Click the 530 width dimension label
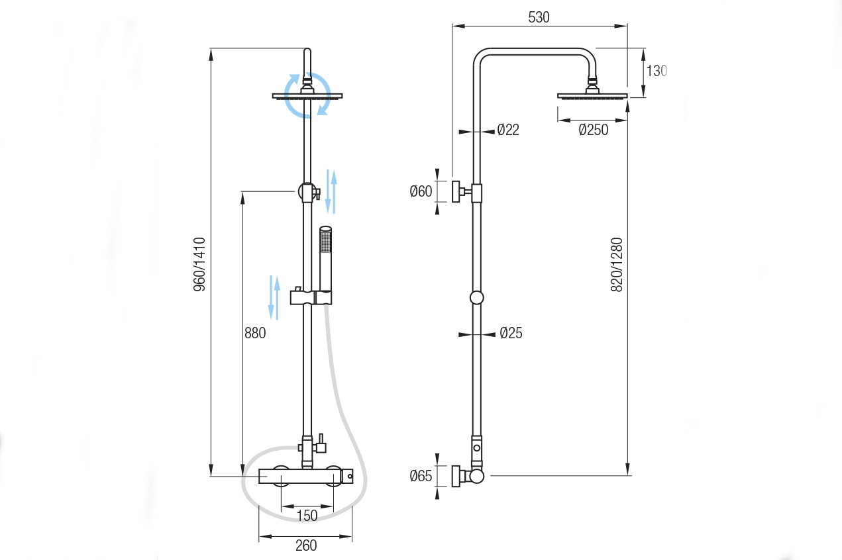click(x=539, y=17)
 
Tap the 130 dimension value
click(x=657, y=71)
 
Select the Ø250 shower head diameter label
click(x=593, y=130)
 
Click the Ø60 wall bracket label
click(x=421, y=192)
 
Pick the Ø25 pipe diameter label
click(x=511, y=333)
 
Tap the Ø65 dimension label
click(x=421, y=475)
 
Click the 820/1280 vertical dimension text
click(x=617, y=265)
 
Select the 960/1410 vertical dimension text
click(x=200, y=265)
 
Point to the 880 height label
click(x=255, y=333)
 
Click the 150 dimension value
click(x=306, y=515)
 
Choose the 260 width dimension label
click(x=305, y=545)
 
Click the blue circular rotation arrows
click(x=307, y=95)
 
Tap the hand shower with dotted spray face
click(x=325, y=242)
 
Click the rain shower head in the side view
click(x=592, y=95)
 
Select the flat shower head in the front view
click(x=307, y=95)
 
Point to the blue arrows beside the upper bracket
click(x=333, y=192)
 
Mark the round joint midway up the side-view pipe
click(x=477, y=298)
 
